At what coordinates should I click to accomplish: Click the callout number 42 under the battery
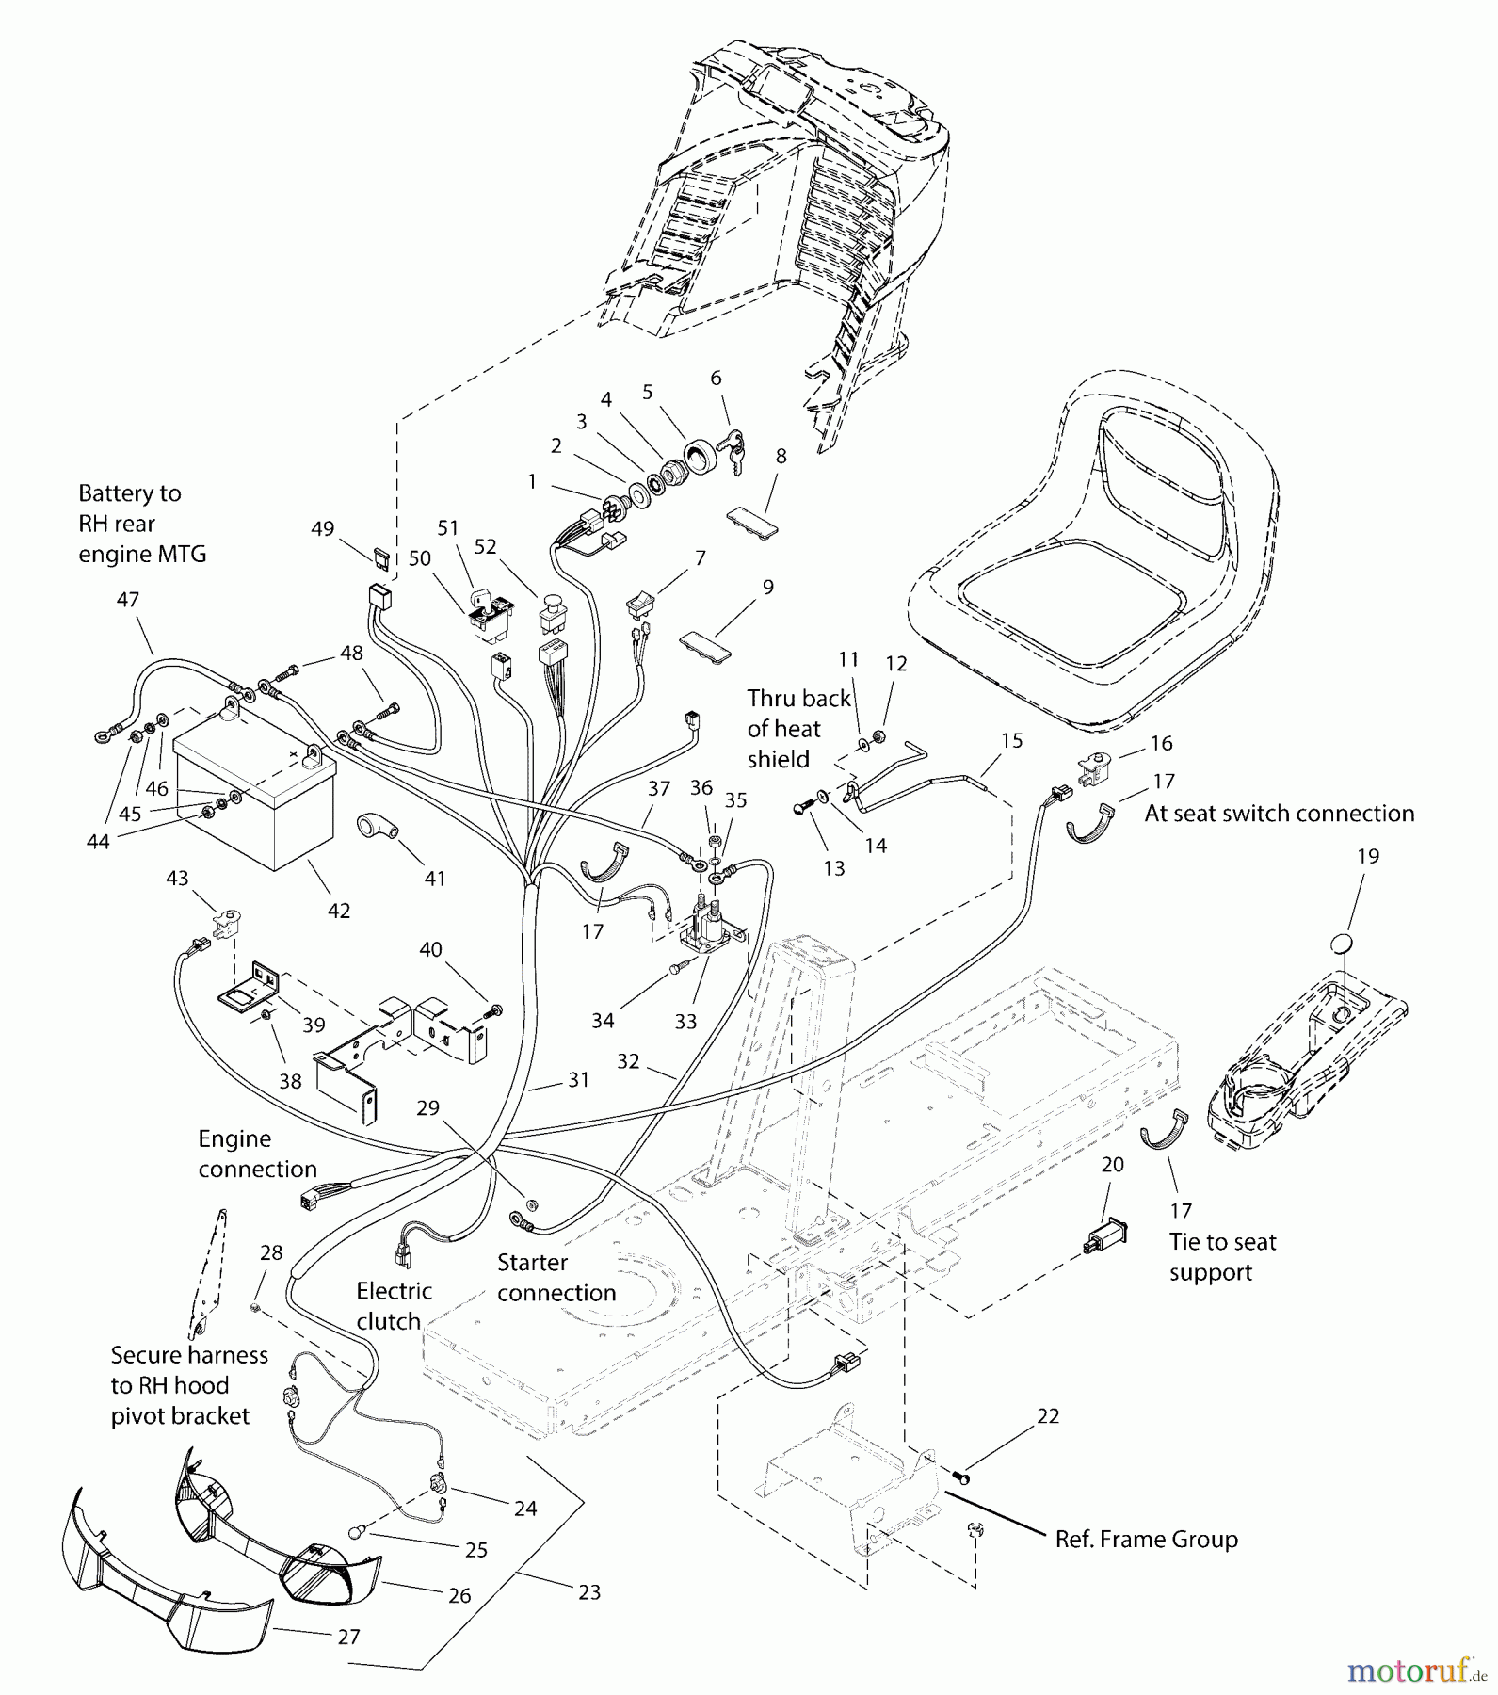[339, 911]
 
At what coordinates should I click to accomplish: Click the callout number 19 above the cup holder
[1367, 856]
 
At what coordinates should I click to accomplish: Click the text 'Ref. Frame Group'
[1146, 1540]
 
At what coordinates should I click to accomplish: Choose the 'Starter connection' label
[556, 1278]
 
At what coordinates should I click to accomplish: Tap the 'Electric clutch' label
[394, 1306]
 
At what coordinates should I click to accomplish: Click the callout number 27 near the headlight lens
[348, 1637]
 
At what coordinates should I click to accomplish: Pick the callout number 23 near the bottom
[588, 1592]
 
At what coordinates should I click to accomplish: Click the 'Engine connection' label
[257, 1154]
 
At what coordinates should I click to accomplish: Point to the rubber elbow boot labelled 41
[377, 829]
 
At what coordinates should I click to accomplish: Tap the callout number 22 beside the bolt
[1048, 1416]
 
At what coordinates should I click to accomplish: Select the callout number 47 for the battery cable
[128, 599]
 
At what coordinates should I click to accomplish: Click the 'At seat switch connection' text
[1279, 814]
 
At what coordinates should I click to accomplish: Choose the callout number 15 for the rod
[1011, 740]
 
